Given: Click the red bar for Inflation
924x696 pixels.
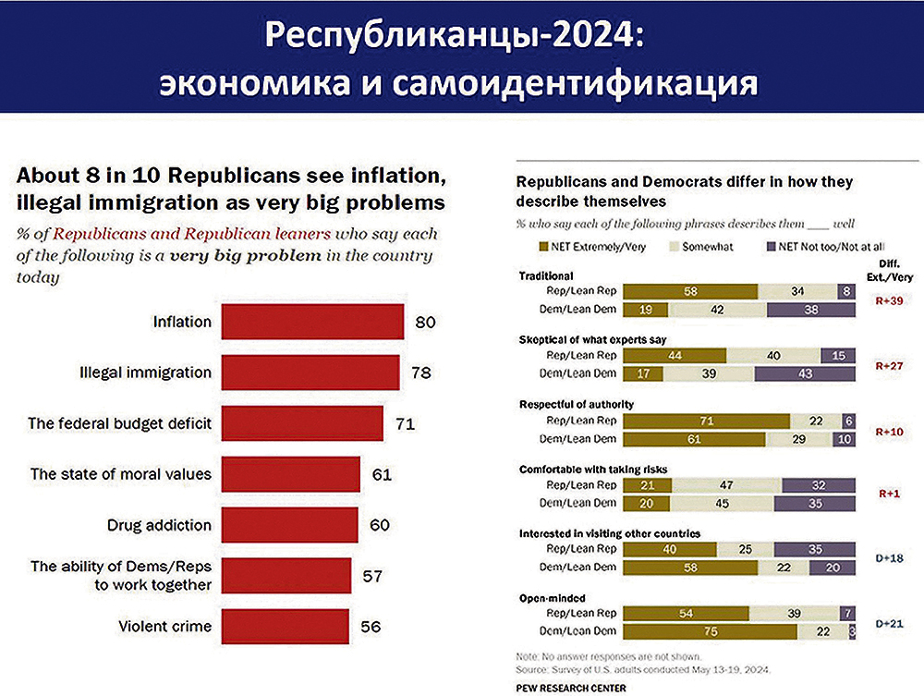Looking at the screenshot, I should (312, 323).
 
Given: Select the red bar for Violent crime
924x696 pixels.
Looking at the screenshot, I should (286, 626).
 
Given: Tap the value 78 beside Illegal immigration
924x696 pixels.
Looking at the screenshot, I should (420, 373).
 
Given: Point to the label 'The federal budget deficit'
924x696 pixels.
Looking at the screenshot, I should (121, 424).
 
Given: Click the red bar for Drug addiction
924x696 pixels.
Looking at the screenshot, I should (290, 525).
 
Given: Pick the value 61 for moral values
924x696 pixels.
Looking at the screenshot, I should (382, 475).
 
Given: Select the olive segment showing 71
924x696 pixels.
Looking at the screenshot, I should (707, 421).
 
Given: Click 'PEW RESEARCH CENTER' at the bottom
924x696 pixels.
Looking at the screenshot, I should (570, 687).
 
